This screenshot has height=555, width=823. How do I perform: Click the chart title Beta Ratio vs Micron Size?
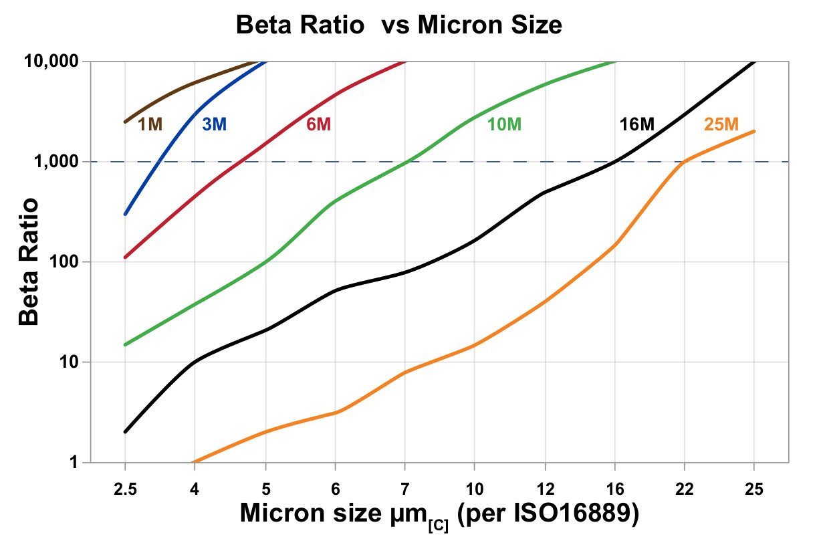tap(398, 26)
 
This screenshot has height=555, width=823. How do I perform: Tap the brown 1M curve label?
tap(150, 124)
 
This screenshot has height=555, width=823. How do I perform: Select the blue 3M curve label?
tap(215, 124)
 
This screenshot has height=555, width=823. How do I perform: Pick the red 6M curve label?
tap(318, 124)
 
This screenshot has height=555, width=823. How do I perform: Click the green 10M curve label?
tap(504, 124)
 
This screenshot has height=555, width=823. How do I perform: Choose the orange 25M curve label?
tap(721, 124)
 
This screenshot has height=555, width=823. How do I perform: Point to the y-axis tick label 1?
tap(76, 463)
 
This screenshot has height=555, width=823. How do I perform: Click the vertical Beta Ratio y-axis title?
tap(29, 261)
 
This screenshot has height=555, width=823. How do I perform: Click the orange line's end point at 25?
tap(754, 131)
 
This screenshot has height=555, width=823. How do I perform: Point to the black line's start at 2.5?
tap(125, 432)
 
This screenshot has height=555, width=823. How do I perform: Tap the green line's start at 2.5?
tap(125, 345)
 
